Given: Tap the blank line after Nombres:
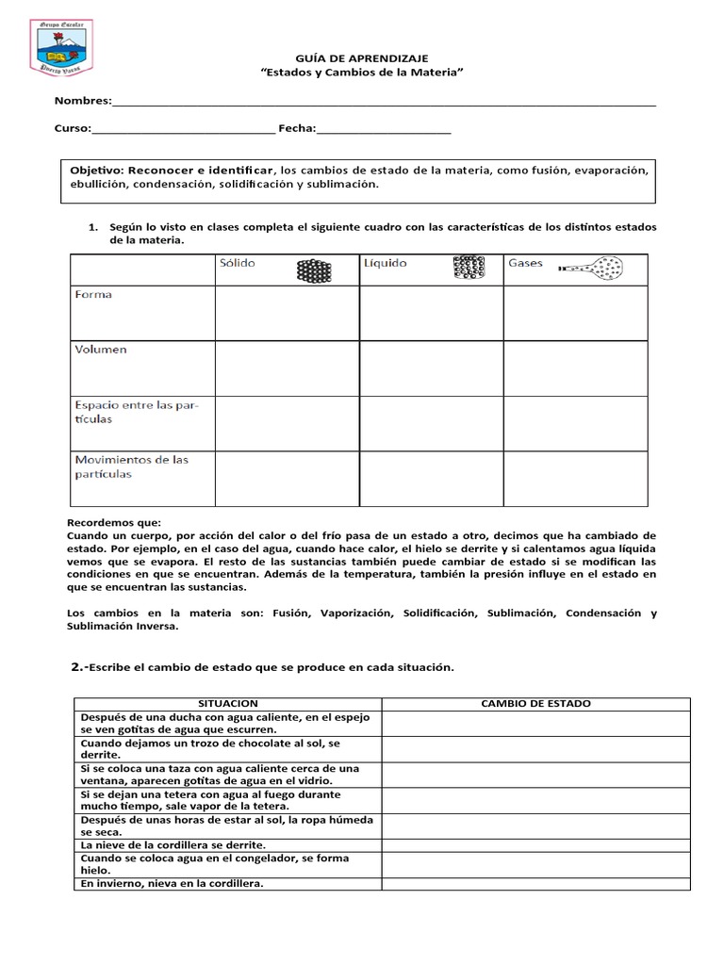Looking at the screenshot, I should (x=384, y=104).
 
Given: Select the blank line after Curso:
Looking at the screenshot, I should (x=183, y=131).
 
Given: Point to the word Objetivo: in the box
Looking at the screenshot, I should (x=98, y=170).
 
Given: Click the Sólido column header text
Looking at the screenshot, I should (x=238, y=263).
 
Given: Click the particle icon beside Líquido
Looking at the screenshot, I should (x=469, y=268).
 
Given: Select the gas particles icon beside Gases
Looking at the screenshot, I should (x=592, y=268).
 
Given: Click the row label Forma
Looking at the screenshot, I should (x=93, y=295).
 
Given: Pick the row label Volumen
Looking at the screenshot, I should (x=100, y=350).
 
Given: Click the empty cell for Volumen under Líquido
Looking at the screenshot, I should (x=431, y=368).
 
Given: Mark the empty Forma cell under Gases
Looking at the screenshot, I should (x=575, y=313).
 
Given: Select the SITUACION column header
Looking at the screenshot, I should (x=228, y=704).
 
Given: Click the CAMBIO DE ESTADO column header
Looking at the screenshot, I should (x=535, y=704).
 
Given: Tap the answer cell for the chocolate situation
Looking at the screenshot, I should (x=535, y=748).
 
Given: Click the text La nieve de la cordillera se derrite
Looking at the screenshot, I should (x=173, y=845).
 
